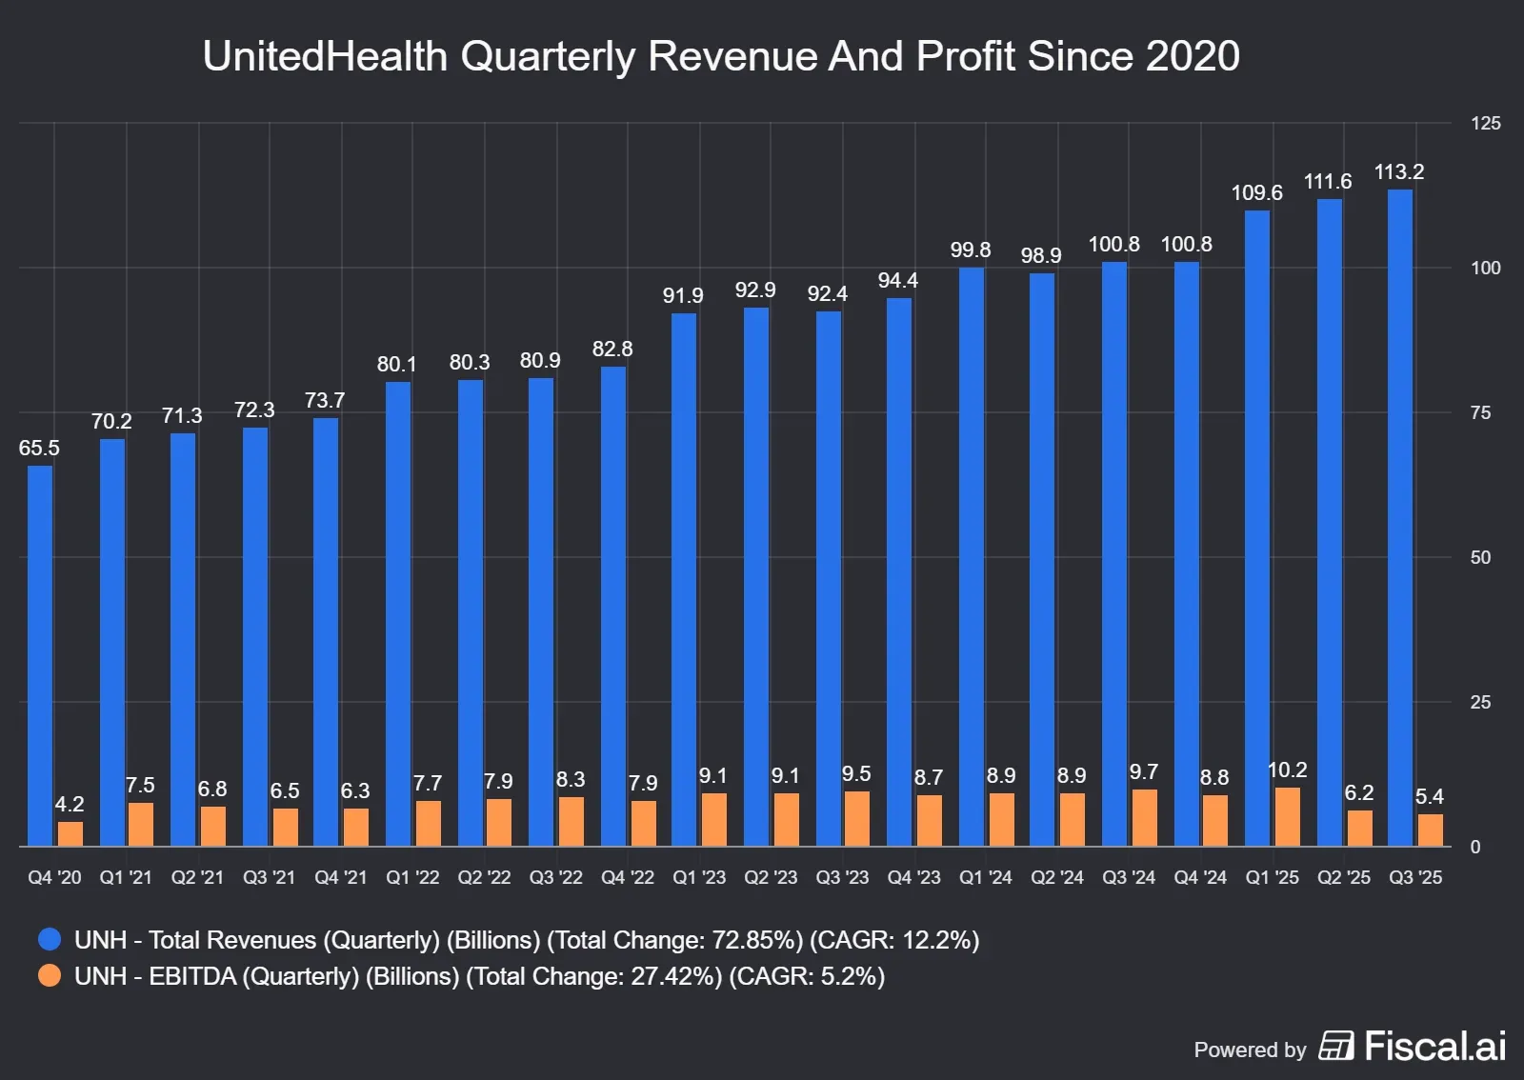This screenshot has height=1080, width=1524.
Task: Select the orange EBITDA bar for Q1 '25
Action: [x=1287, y=817]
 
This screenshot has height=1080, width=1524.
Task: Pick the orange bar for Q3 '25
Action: [x=1430, y=830]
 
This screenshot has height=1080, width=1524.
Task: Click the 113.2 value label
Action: [x=1398, y=172]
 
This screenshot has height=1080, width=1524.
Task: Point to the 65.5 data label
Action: [x=39, y=448]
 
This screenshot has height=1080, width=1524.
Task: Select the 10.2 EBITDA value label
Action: [x=1287, y=770]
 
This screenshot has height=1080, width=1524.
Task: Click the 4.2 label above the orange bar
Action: [x=70, y=804]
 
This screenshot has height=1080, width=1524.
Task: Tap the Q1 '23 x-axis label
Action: [x=699, y=877]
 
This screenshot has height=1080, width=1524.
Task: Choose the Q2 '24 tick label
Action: [x=1057, y=877]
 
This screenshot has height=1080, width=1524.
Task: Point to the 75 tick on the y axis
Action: [x=1480, y=412]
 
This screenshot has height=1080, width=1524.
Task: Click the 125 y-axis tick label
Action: [x=1485, y=123]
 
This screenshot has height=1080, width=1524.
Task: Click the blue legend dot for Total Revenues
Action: [x=50, y=940]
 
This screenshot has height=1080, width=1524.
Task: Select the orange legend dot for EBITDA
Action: [x=50, y=975]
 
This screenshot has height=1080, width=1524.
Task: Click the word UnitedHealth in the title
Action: [x=325, y=56]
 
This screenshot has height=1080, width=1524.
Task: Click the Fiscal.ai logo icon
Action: [x=1335, y=1046]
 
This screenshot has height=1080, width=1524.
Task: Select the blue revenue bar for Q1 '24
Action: [x=972, y=556]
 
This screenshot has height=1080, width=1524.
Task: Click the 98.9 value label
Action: [x=1041, y=255]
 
